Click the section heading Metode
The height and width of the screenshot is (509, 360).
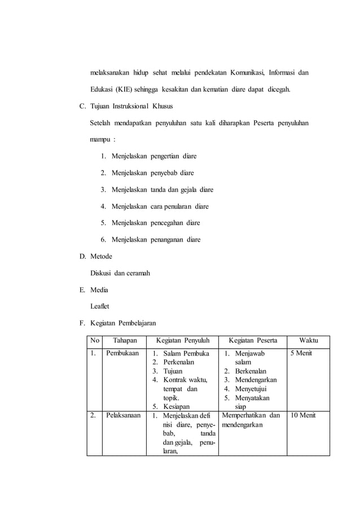(x=101, y=257)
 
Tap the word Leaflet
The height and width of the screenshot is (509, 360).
(x=100, y=307)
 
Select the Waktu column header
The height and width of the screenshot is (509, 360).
(x=308, y=340)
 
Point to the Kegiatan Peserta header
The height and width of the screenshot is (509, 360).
(x=252, y=340)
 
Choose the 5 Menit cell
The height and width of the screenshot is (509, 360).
(x=301, y=354)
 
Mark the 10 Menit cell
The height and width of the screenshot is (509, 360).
(x=303, y=416)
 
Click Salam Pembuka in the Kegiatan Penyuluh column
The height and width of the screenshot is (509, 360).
(x=186, y=354)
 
